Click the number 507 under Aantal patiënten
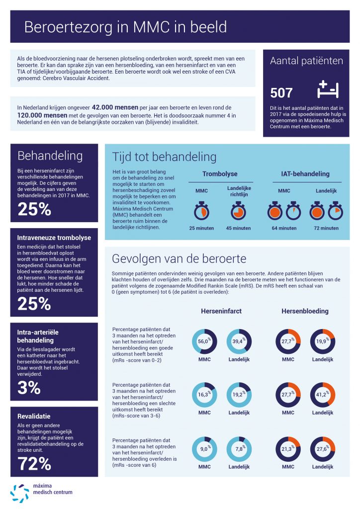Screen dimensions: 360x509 point(281,93)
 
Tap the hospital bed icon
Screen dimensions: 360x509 point(328,89)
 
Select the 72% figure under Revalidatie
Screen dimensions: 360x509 point(34,464)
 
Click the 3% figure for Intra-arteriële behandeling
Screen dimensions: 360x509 point(29,388)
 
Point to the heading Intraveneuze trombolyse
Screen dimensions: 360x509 point(54,238)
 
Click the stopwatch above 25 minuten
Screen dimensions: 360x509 point(201,211)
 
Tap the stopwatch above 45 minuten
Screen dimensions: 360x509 point(238,211)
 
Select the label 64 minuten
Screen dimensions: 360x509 point(284,228)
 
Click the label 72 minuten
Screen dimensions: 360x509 point(326,228)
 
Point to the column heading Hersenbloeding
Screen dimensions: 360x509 point(305,311)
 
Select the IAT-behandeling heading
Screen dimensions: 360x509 point(305,173)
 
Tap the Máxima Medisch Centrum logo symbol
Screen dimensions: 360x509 point(19,493)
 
